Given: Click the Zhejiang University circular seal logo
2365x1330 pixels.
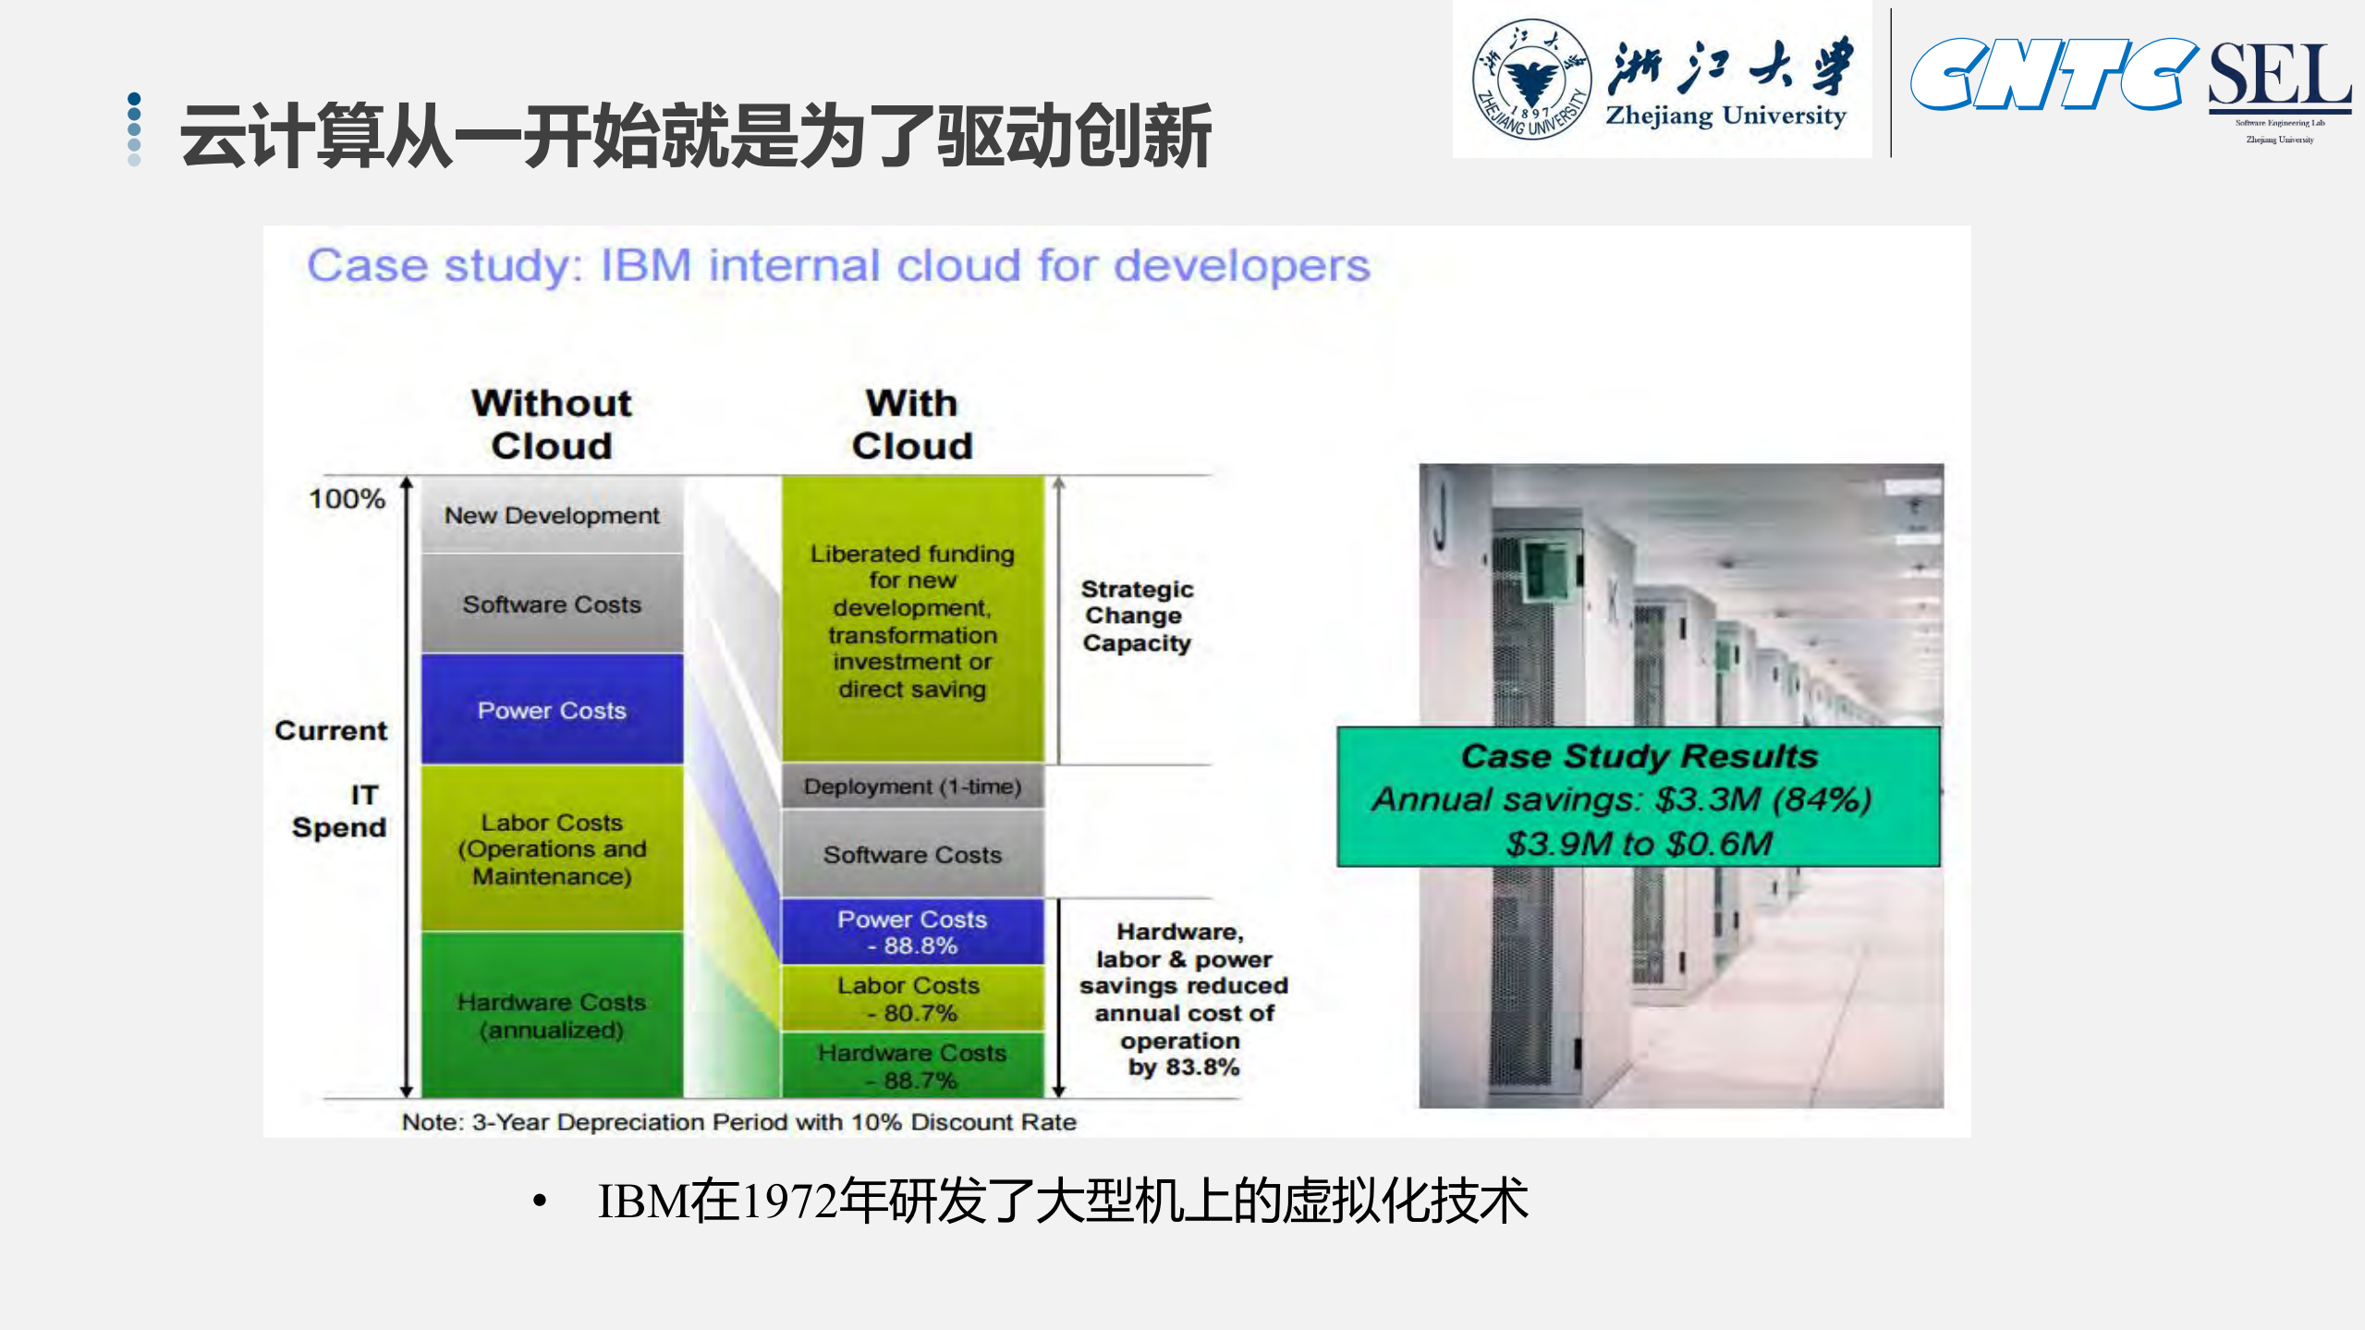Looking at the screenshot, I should coord(1531,79).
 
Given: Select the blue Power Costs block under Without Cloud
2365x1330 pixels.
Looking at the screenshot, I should coord(552,710).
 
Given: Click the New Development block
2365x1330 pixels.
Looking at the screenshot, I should coord(552,515).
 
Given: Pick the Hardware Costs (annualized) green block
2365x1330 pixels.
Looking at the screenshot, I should coord(552,1015).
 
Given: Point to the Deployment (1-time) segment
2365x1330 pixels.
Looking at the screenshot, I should coord(912,787).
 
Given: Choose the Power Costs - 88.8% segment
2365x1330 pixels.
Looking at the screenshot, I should coord(912,932).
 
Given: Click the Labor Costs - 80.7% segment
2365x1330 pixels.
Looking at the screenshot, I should coord(912,998).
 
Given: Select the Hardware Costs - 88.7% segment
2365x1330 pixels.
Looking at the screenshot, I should coord(912,1066).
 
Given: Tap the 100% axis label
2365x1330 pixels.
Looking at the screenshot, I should coord(347,499).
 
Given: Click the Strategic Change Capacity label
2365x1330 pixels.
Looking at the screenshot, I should coord(1136,616).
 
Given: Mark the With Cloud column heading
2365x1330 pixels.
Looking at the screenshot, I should coord(912,424).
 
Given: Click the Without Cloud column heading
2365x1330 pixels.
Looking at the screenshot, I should coord(552,424).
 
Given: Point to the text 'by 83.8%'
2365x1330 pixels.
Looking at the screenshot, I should coord(1183,1068).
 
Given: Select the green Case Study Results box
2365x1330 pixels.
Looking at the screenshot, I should coord(1638,798).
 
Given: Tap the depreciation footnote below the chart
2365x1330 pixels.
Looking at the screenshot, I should coord(738,1122).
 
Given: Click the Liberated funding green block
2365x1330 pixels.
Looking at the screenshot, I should coord(912,620).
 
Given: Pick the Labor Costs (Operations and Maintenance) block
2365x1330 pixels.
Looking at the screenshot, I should coord(552,848).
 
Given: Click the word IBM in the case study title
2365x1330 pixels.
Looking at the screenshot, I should coord(645,266).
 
